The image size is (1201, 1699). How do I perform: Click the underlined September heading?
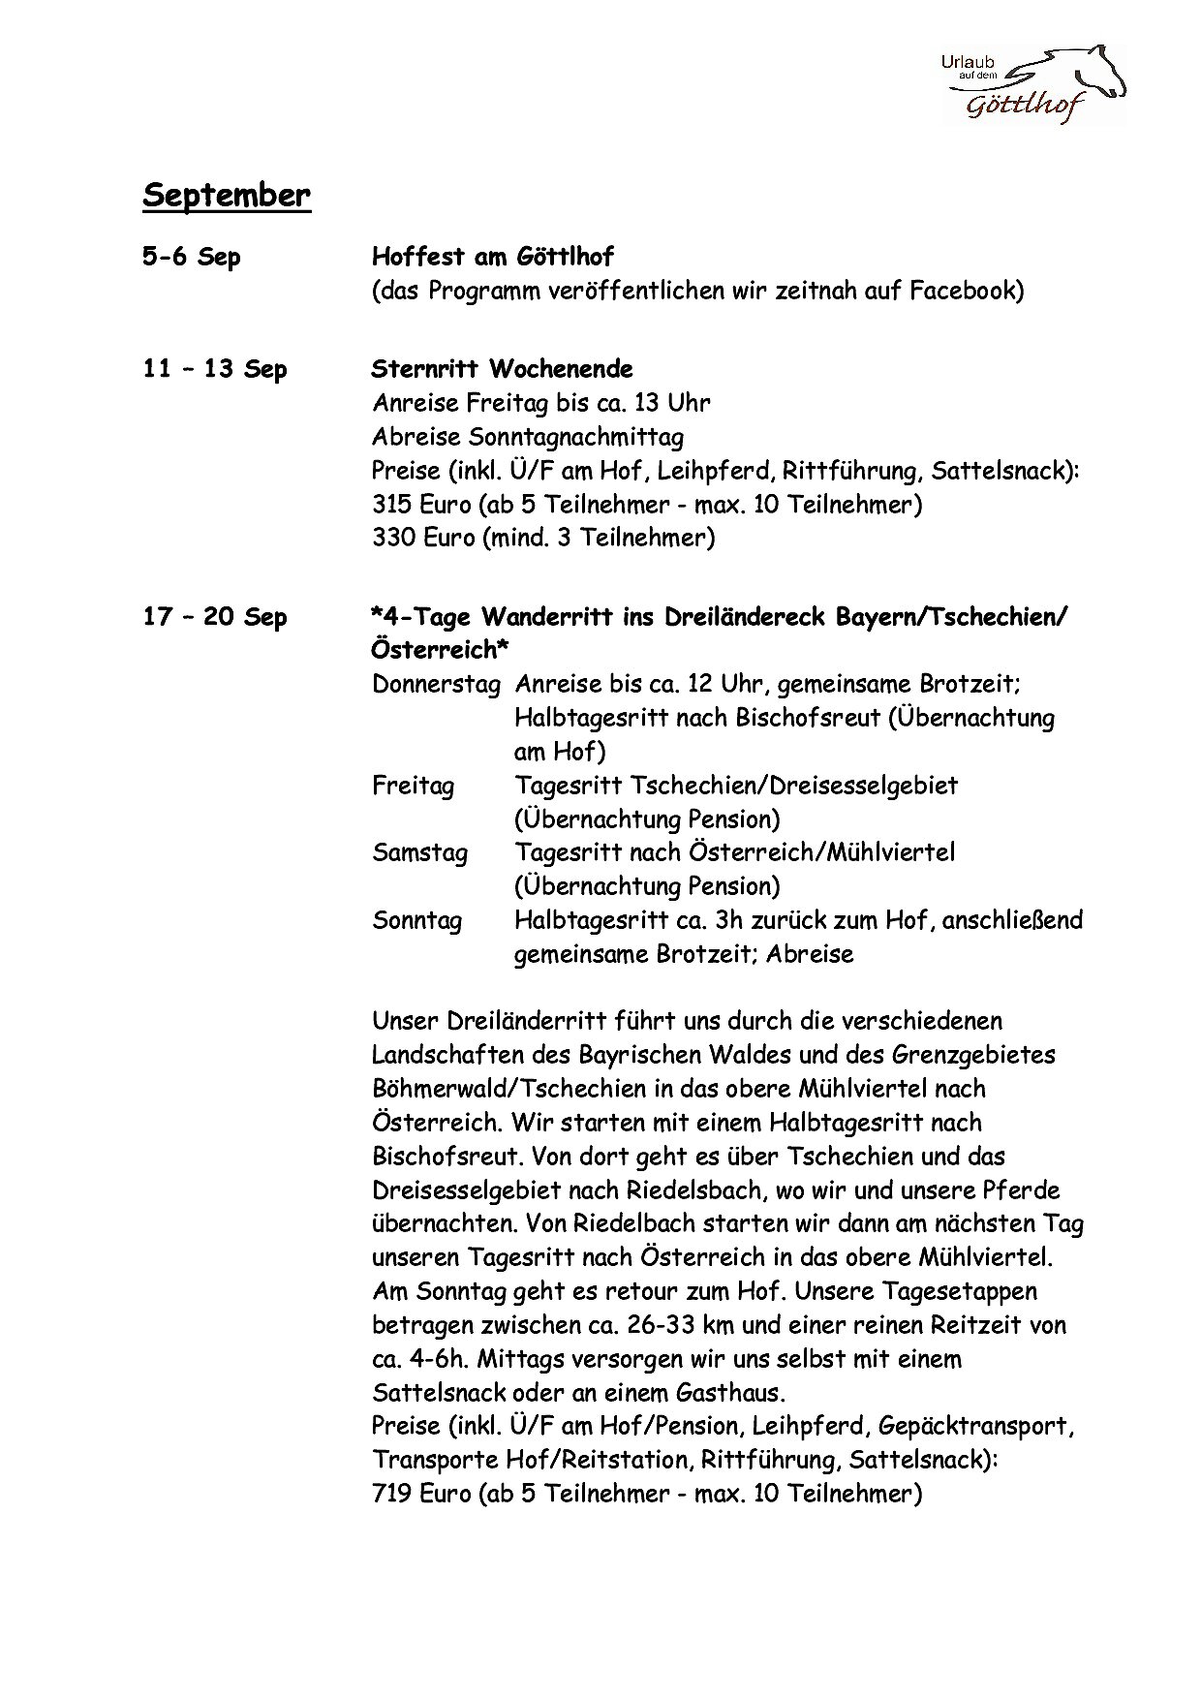(227, 195)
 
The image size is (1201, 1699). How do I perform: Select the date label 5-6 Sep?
(191, 258)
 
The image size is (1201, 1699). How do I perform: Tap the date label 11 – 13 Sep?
(214, 369)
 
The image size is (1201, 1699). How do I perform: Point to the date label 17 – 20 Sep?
(214, 617)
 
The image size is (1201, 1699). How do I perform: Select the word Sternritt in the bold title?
(425, 369)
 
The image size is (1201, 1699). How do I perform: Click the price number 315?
(392, 505)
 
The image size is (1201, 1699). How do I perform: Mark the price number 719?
(392, 1494)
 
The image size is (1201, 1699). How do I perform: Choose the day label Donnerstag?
(436, 685)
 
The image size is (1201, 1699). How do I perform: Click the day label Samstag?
(419, 853)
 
